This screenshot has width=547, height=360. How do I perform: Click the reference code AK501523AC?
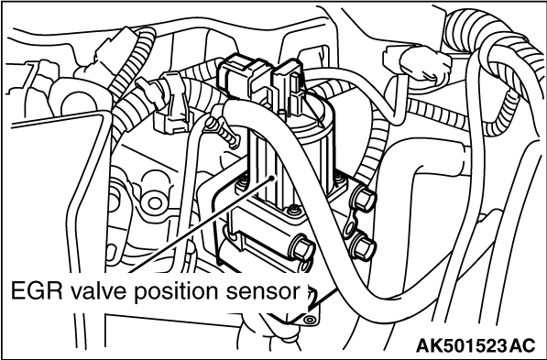(x=476, y=345)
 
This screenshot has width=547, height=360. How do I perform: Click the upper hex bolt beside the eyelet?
(x=365, y=199)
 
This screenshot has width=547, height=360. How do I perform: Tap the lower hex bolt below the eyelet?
(x=364, y=247)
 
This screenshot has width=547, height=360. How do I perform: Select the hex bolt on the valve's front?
(x=302, y=248)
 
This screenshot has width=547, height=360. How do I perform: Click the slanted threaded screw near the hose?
(x=223, y=132)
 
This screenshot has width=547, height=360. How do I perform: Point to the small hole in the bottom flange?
(x=309, y=319)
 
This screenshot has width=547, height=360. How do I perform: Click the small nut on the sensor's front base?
(x=293, y=211)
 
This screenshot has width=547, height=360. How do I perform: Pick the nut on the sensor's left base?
(x=242, y=183)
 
